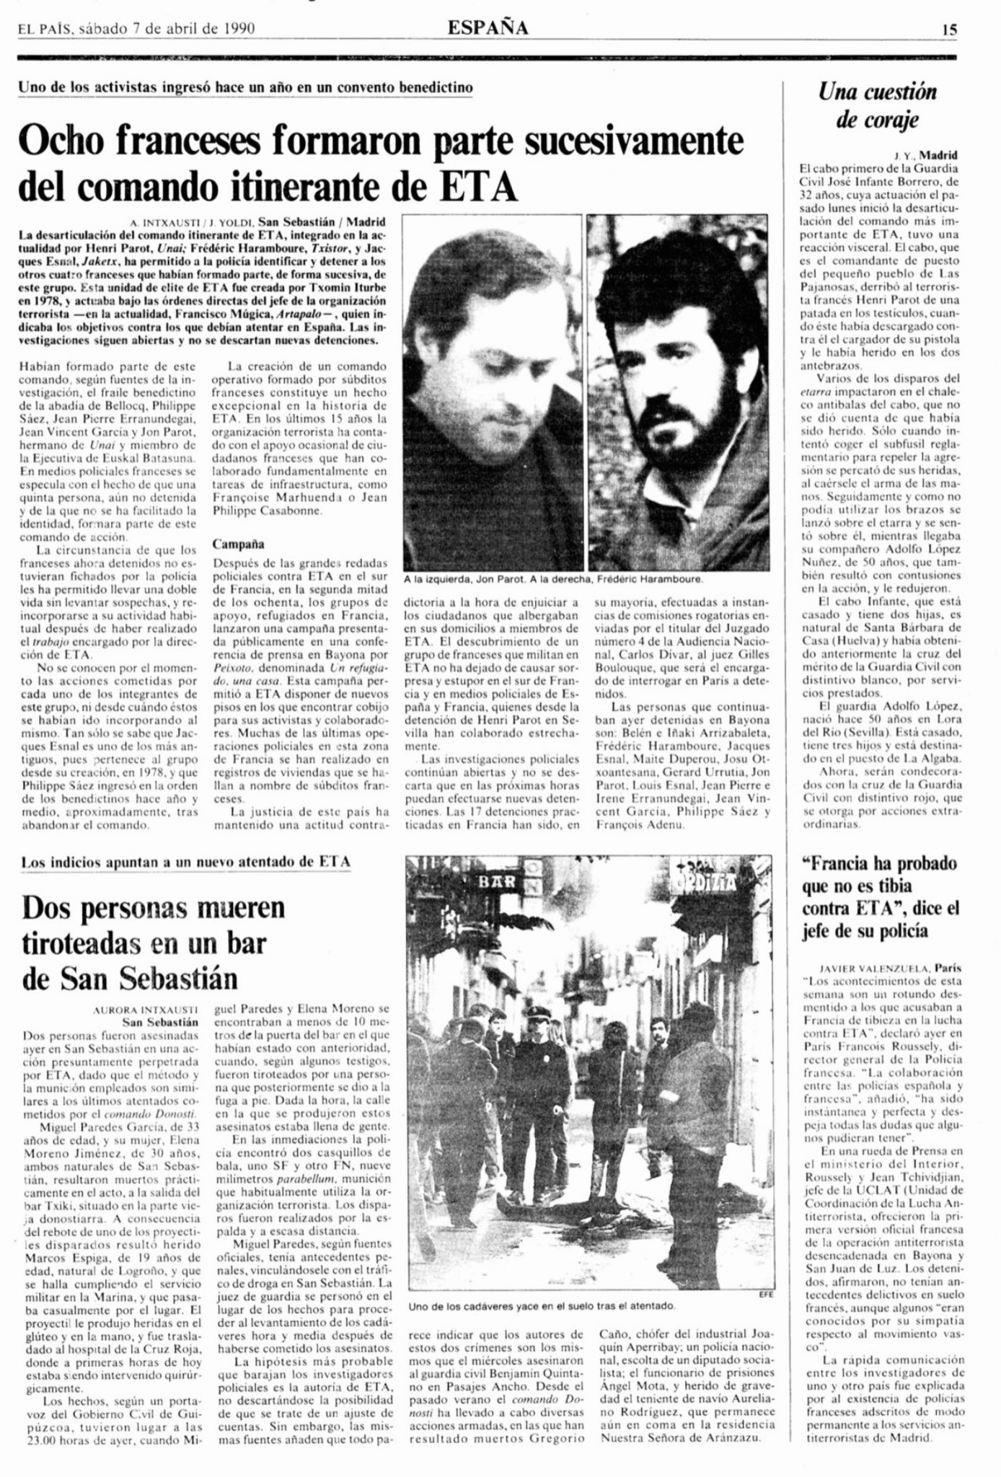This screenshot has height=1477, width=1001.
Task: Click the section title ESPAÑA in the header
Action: (488, 28)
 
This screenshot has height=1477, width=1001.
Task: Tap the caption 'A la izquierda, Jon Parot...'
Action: (553, 578)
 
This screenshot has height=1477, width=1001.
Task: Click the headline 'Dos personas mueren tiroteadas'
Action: (153, 942)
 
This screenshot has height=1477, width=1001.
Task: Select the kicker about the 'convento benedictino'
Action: (246, 87)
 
